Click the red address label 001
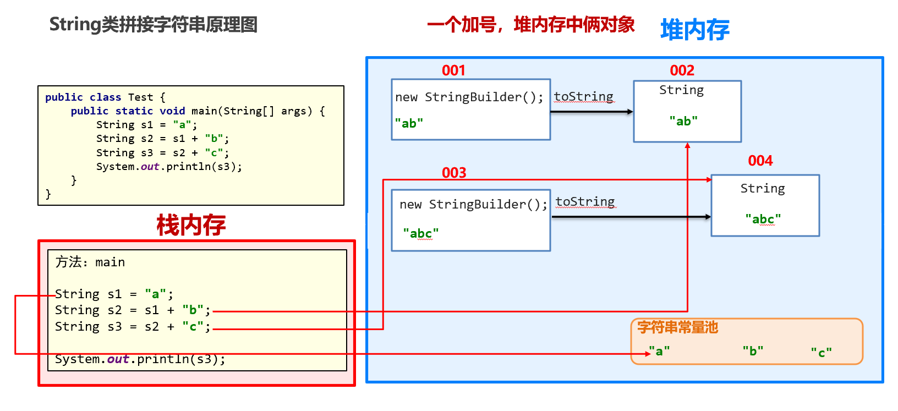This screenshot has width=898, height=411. click(x=453, y=70)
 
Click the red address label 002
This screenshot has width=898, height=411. click(x=682, y=70)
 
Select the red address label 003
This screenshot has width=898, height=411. click(x=454, y=173)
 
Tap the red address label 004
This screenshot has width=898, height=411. click(x=760, y=161)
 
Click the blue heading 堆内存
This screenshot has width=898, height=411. click(x=694, y=30)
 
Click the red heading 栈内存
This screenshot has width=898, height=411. click(x=191, y=225)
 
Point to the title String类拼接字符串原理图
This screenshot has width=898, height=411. click(x=153, y=25)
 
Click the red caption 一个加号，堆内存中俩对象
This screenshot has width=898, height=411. click(x=530, y=25)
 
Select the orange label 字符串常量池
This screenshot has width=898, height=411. click(x=677, y=327)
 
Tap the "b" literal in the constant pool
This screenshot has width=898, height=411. click(x=753, y=351)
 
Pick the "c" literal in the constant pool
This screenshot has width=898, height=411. click(x=821, y=353)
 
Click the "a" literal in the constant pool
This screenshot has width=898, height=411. click(x=659, y=351)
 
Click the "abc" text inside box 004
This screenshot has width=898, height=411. click(x=763, y=219)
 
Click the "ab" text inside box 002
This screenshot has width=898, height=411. click(x=683, y=121)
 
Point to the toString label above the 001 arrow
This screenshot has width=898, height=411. click(x=583, y=97)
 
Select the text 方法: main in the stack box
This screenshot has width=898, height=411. click(x=90, y=262)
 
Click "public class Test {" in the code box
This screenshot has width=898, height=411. click(x=105, y=97)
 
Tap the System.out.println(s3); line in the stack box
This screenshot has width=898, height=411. click(x=140, y=359)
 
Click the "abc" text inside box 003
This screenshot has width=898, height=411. click(x=420, y=233)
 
